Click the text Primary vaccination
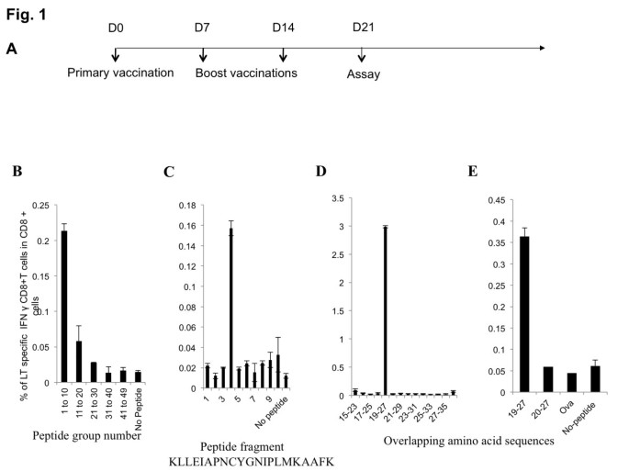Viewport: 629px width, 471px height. (119, 72)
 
